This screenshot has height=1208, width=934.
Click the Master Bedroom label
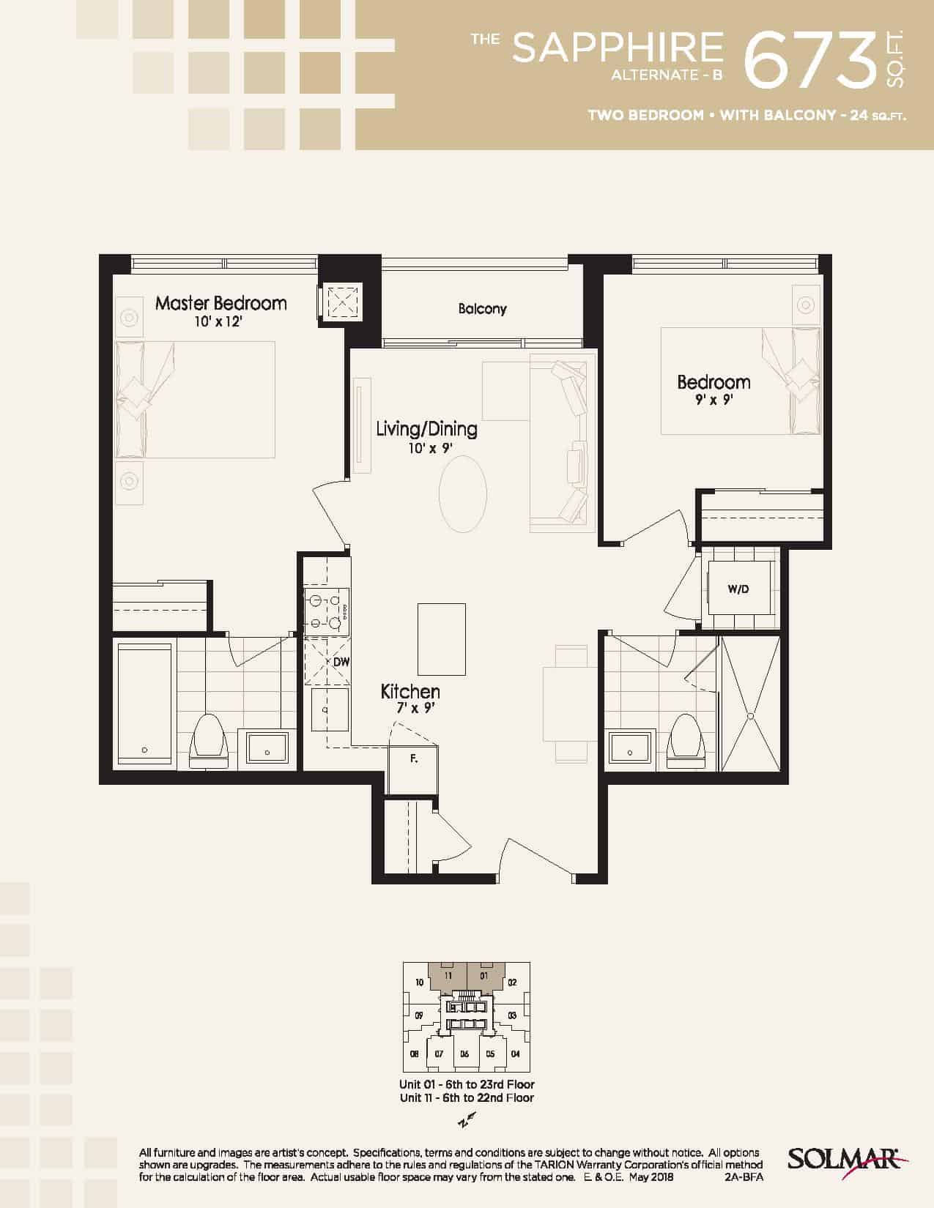click(x=220, y=303)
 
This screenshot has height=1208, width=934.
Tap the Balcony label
click(x=482, y=308)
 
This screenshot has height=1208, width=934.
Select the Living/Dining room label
click(x=426, y=428)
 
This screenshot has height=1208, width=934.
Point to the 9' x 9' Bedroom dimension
click(x=714, y=399)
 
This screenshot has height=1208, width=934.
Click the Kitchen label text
click(x=410, y=692)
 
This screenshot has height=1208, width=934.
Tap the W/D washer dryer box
click(x=738, y=588)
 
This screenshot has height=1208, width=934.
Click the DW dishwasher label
click(x=341, y=662)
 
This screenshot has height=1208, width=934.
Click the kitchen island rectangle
click(x=441, y=639)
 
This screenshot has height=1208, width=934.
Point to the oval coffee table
click(x=463, y=494)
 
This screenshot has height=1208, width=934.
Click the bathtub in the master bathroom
click(x=144, y=704)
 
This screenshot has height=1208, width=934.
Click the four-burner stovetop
click(x=327, y=611)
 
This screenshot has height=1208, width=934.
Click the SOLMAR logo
click(x=848, y=1160)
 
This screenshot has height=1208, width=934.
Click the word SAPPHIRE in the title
click(x=618, y=48)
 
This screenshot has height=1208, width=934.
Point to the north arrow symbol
click(x=466, y=1119)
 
